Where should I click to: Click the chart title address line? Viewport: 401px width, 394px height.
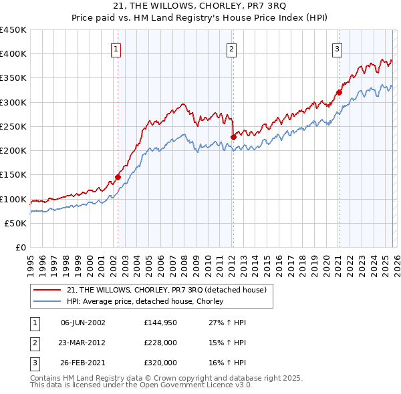tap(200, 6)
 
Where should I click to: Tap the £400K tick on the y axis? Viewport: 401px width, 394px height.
tap(13, 54)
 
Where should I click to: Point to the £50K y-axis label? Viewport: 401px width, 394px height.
tap(15, 224)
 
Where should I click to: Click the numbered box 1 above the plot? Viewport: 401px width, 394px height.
tap(116, 48)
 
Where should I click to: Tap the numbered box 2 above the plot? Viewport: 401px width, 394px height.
tap(231, 48)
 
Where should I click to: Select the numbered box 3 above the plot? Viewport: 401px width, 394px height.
tap(337, 48)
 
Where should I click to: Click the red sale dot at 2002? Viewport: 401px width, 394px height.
tap(118, 177)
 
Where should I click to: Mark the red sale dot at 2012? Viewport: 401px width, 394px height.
tap(233, 137)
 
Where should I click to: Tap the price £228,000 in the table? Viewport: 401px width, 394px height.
tap(160, 342)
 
